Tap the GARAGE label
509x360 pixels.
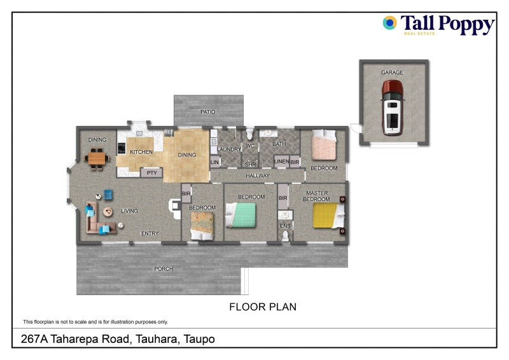click(392, 73)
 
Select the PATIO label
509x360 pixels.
click(207, 112)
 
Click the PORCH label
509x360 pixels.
click(164, 269)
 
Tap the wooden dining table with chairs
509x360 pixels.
click(97, 156)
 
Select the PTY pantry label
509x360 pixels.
click(151, 172)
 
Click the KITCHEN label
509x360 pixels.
click(141, 153)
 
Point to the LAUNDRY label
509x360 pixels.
click(229, 149)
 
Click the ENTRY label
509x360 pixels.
click(150, 233)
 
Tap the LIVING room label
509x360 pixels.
click(130, 211)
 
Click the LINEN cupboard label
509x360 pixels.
click(281, 162)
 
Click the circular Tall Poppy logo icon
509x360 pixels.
click(389, 24)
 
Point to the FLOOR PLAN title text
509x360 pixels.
click(262, 307)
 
